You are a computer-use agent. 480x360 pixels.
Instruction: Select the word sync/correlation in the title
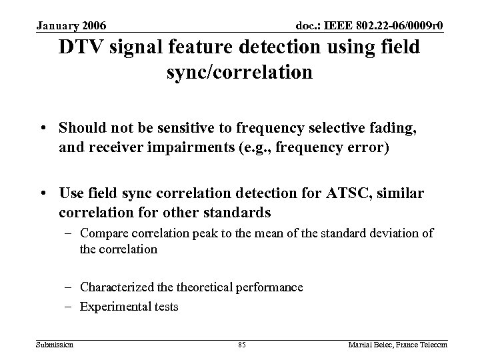[x=239, y=71]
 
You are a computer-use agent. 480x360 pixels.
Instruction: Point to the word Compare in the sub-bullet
[x=101, y=233]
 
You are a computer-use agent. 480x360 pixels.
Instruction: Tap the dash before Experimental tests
[x=71, y=307]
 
